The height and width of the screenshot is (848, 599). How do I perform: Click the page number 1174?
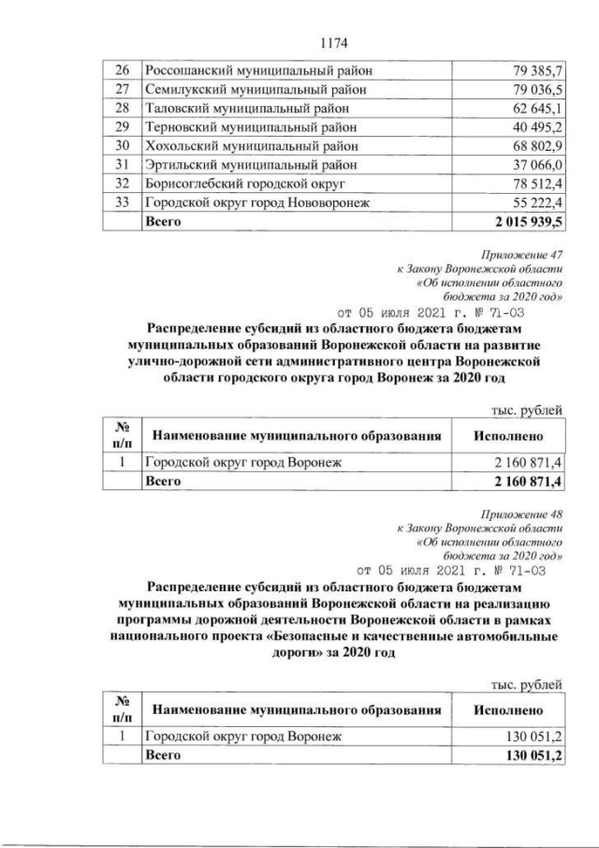click(333, 41)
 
